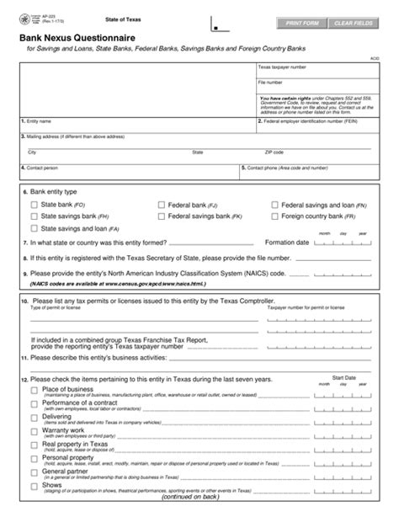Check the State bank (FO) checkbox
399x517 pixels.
pyautogui.click(x=34, y=205)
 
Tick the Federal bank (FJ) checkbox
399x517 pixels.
pyautogui.click(x=161, y=205)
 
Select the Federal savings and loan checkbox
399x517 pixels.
pyautogui.click(x=274, y=205)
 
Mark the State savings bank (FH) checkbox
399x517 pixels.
pyautogui.click(x=34, y=216)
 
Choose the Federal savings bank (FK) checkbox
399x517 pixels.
pyautogui.click(x=161, y=216)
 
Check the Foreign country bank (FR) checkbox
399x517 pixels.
pyautogui.click(x=274, y=216)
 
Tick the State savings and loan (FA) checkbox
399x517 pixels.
pyautogui.click(x=34, y=228)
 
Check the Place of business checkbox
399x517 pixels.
pyautogui.click(x=34, y=391)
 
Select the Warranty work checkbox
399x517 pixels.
pyautogui.click(x=34, y=431)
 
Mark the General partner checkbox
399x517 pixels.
pyautogui.click(x=34, y=472)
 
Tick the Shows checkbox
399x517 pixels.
pyautogui.click(x=34, y=486)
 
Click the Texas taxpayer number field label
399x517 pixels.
pyautogui.click(x=282, y=67)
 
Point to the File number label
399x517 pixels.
pyautogui.click(x=270, y=83)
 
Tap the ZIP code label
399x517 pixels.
pyautogui.click(x=274, y=152)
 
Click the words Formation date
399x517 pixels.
pyautogui.click(x=287, y=243)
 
